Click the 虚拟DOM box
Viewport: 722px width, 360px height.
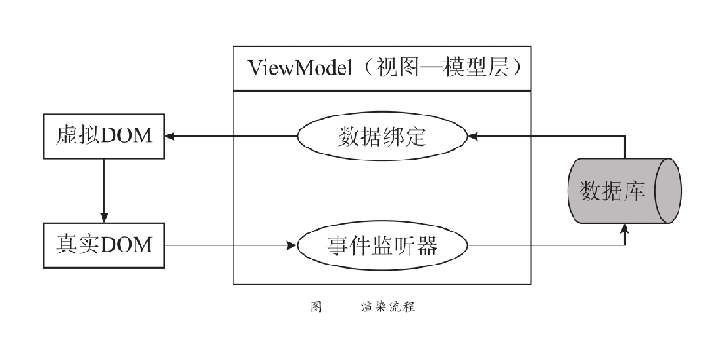(x=103, y=135)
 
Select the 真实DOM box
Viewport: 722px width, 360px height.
(x=103, y=245)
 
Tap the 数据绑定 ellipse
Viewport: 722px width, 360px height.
(x=382, y=136)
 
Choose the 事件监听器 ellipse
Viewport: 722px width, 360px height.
(x=382, y=245)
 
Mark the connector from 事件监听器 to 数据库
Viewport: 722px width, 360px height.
(x=547, y=245)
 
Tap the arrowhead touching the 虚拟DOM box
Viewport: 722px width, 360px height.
(x=171, y=136)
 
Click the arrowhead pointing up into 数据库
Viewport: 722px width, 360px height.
(x=625, y=230)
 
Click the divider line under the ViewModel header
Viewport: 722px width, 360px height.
(x=382, y=90)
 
